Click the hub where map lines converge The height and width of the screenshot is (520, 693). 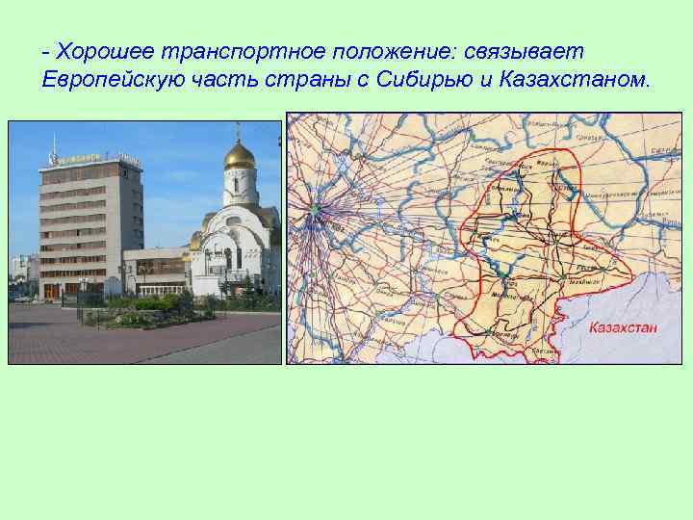click(x=315, y=210)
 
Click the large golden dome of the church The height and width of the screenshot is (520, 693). click(x=240, y=156)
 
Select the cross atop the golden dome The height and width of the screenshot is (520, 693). click(x=240, y=131)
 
